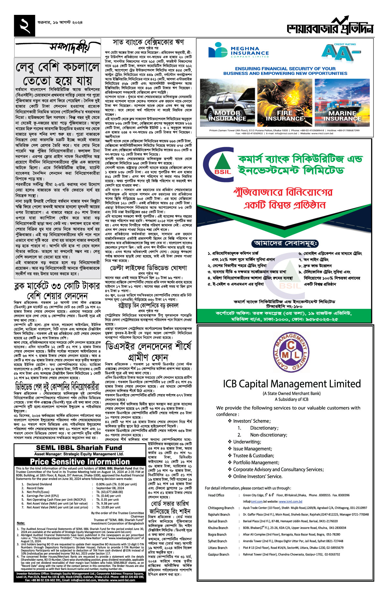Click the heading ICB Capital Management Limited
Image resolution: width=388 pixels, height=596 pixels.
pyautogui.click(x=292, y=384)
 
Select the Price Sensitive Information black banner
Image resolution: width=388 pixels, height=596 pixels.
pyautogui.click(x=80, y=461)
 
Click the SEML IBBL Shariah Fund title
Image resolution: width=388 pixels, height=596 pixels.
pyautogui.click(x=79, y=448)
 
